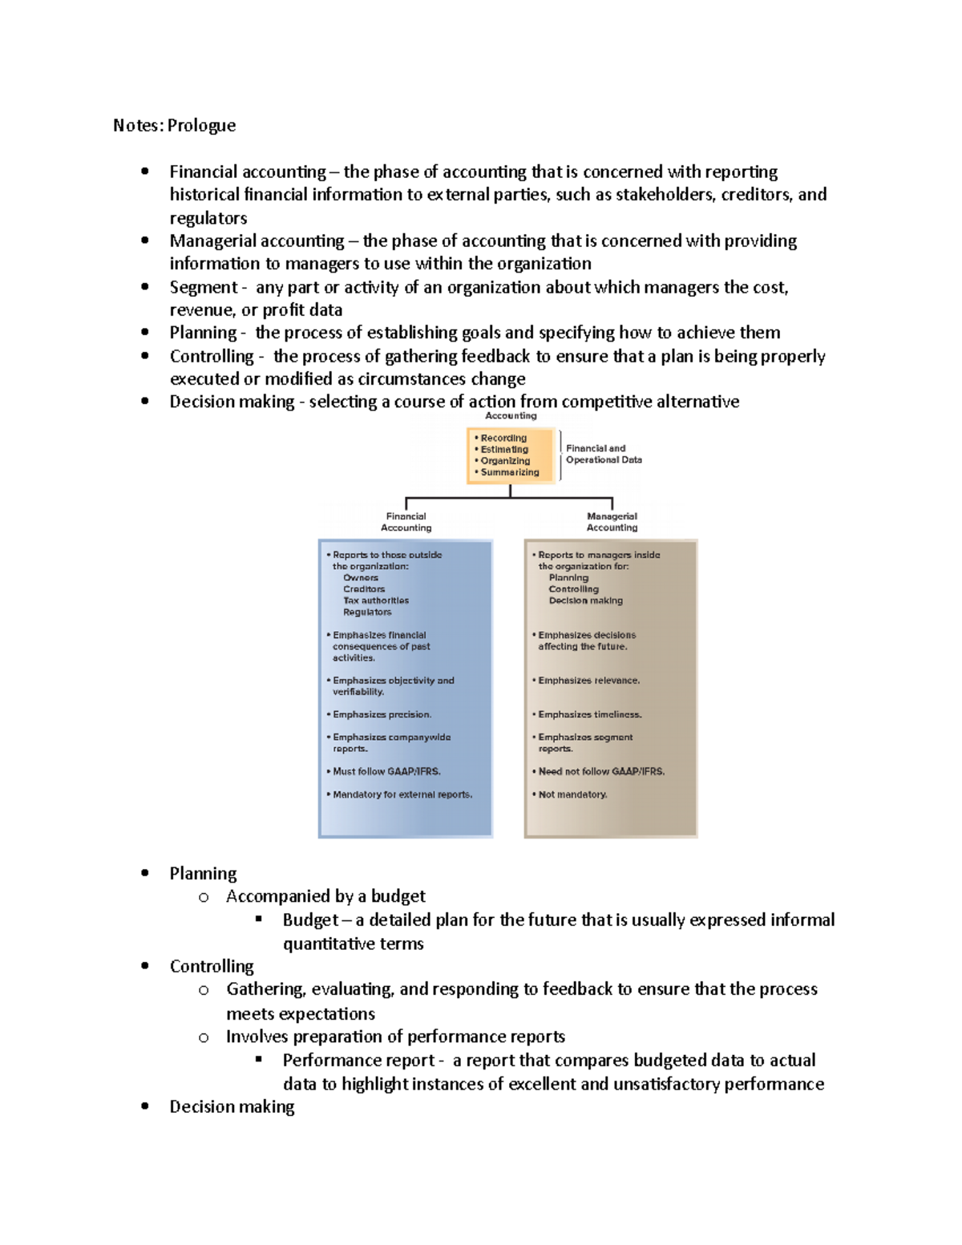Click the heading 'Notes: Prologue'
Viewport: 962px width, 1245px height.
tap(174, 125)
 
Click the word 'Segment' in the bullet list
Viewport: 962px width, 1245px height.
tap(203, 287)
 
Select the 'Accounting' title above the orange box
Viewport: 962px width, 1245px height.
tap(511, 415)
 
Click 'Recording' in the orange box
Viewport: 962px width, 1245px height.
tap(503, 438)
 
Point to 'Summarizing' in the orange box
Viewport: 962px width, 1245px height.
tap(509, 472)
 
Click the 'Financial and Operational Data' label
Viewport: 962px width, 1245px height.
tap(603, 454)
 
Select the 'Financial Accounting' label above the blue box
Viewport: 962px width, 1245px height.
tap(406, 522)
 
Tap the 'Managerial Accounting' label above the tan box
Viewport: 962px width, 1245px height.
tap(612, 522)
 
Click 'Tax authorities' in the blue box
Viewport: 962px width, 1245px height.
tap(375, 600)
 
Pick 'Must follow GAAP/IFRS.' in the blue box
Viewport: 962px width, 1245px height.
tap(386, 771)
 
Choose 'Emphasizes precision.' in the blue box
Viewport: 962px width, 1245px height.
tap(382, 714)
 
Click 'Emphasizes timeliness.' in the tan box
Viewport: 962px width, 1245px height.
tap(589, 714)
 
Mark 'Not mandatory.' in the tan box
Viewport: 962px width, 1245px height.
tap(572, 794)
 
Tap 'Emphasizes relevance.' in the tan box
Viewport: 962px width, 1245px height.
tap(588, 681)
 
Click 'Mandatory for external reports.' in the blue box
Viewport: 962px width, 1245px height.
tap(402, 794)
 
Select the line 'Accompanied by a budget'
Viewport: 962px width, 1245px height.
tap(325, 896)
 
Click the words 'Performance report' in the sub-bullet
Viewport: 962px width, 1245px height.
tap(358, 1061)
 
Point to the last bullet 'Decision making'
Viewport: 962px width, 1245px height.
tap(232, 1107)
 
